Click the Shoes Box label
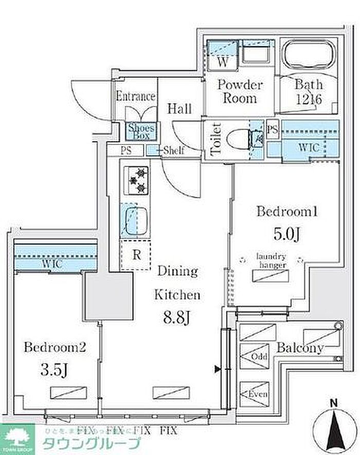(x=138, y=131)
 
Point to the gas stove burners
(x=135, y=180)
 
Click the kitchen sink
(x=135, y=218)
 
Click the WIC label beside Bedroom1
(x=309, y=148)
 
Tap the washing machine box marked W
(x=223, y=62)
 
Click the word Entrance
(x=135, y=96)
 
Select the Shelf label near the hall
(x=173, y=151)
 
